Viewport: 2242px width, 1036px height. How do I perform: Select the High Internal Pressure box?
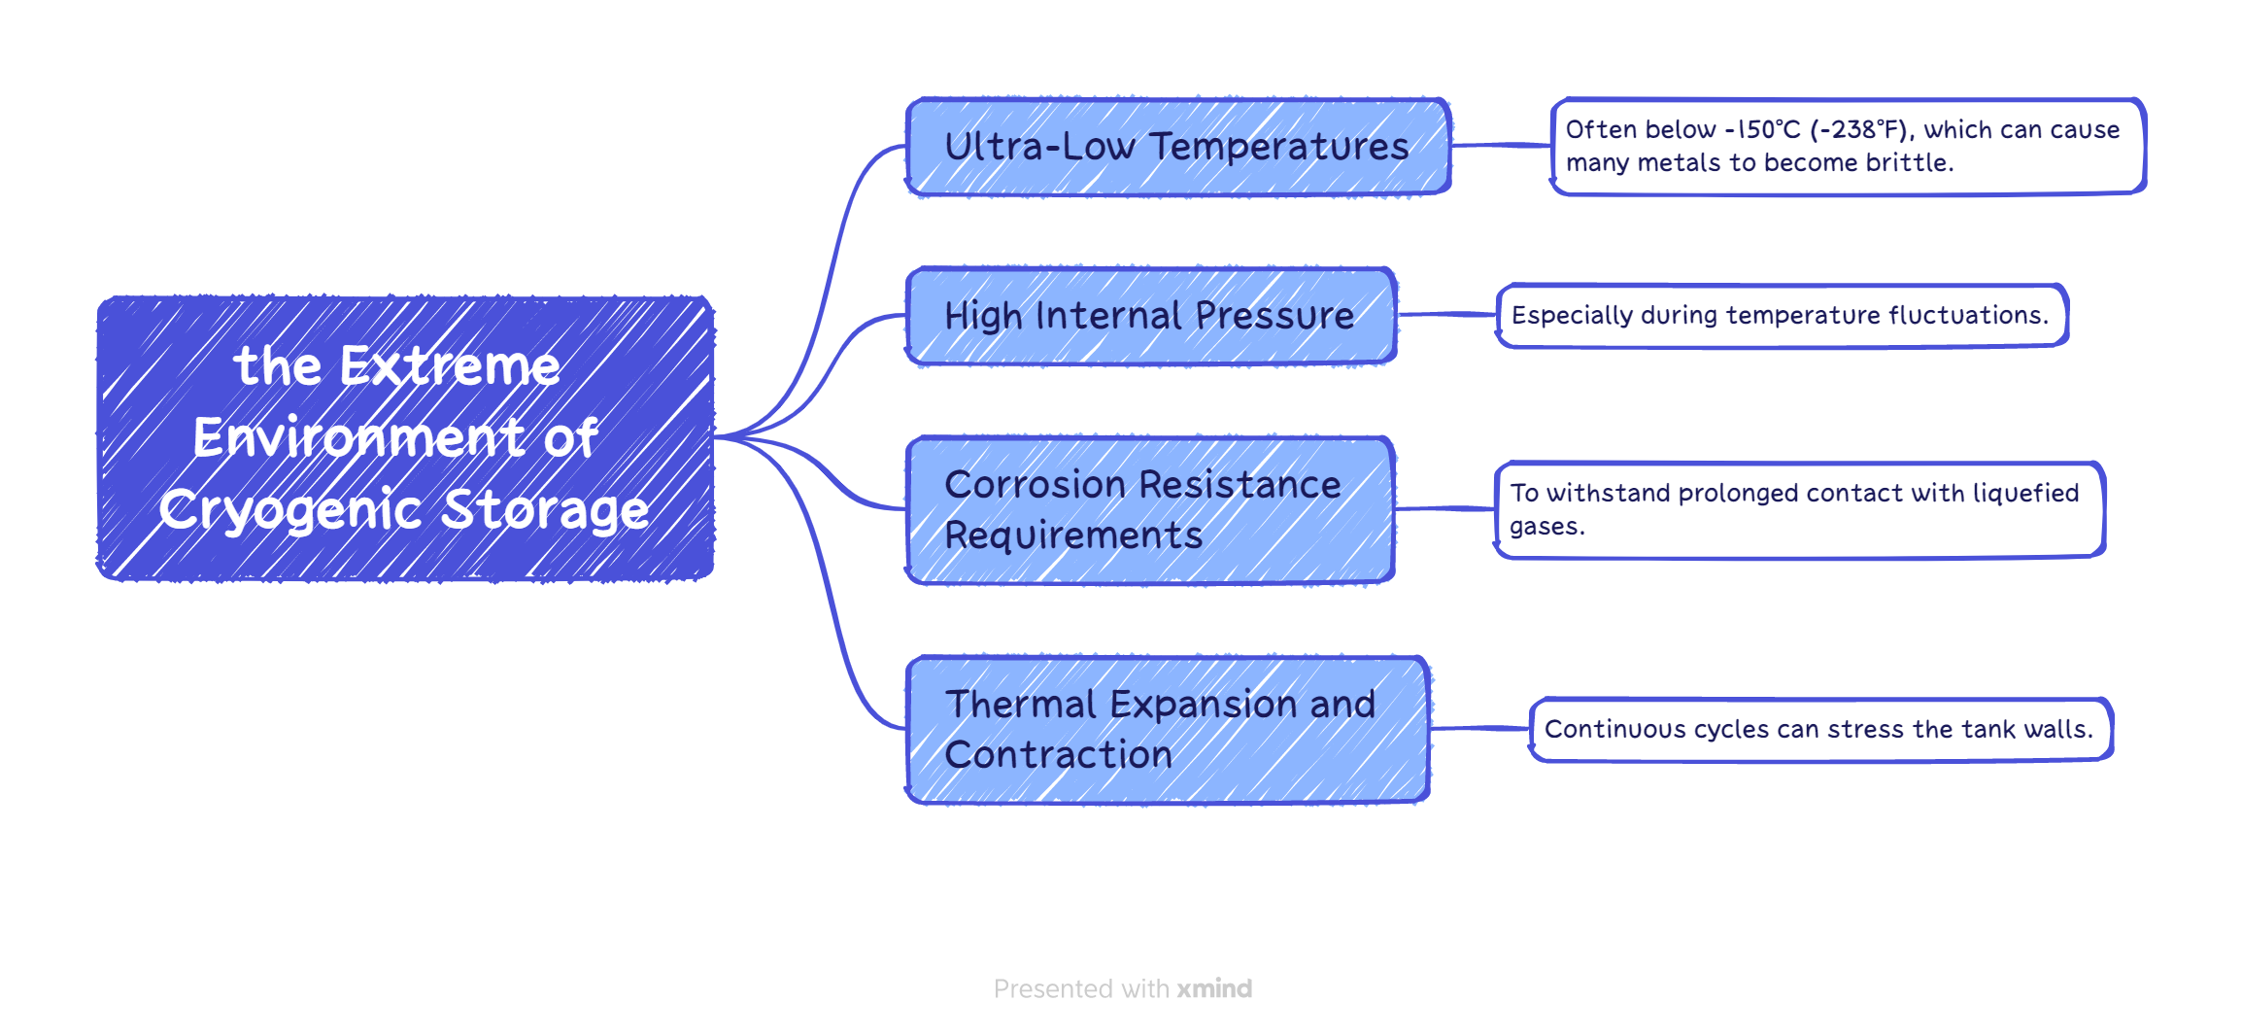(x=1150, y=316)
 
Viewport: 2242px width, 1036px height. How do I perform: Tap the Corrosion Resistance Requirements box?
(x=1150, y=510)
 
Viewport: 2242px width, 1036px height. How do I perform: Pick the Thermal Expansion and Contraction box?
(x=1167, y=730)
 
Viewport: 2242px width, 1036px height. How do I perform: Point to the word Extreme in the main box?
(x=450, y=366)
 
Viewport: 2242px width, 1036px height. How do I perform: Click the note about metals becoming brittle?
(x=1847, y=147)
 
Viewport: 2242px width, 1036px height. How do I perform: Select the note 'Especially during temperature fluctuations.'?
(x=1781, y=316)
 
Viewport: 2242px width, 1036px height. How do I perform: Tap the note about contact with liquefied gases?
(x=1798, y=510)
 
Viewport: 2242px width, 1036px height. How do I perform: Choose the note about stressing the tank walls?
(x=1819, y=730)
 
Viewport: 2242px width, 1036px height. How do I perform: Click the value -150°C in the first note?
(x=1762, y=130)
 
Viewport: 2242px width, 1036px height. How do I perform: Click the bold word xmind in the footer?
(x=1214, y=989)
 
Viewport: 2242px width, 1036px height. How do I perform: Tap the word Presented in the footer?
(x=1054, y=989)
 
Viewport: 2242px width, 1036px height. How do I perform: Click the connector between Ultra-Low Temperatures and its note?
(x=1501, y=146)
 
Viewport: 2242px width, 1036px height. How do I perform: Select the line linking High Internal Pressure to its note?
(x=1447, y=315)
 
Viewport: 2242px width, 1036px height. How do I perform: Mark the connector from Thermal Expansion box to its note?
(x=1479, y=729)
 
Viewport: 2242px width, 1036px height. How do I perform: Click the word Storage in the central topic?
(x=545, y=510)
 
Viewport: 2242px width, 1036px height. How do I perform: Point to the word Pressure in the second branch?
(x=1274, y=316)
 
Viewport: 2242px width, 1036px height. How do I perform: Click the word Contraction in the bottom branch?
(x=1059, y=755)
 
